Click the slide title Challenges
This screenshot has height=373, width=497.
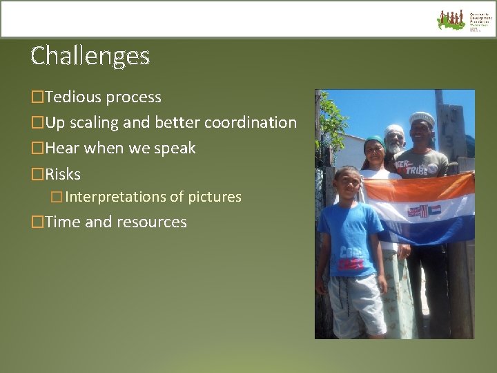pos(90,55)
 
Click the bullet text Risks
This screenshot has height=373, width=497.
pos(63,174)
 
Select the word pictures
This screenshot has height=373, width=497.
pos(215,197)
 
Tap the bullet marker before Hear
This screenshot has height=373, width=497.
pos(37,149)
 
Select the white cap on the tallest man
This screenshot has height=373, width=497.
pos(422,117)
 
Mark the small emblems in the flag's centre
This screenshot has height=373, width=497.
pos(423,211)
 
